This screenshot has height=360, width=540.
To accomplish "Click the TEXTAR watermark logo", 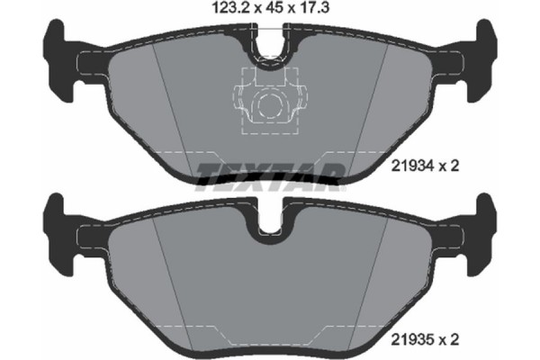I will pyautogui.click(x=270, y=175).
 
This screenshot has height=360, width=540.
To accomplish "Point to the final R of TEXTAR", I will pyautogui.click(x=332, y=175).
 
